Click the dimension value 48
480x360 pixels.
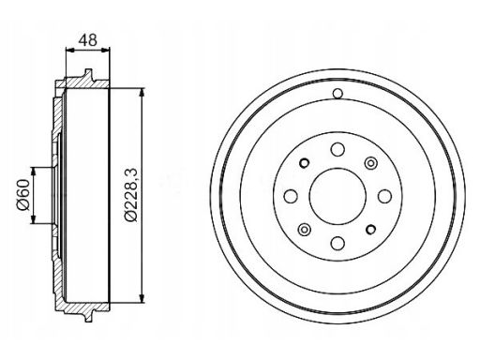pyautogui.click(x=88, y=40)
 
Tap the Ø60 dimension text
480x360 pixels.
pyautogui.click(x=22, y=195)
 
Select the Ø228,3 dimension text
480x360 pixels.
pyautogui.click(x=130, y=194)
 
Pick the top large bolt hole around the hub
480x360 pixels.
pyautogui.click(x=337, y=149)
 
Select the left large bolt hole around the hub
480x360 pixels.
pyautogui.click(x=291, y=196)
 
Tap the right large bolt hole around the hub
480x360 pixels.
pyautogui.click(x=384, y=196)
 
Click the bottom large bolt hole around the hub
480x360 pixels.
pyautogui.click(x=337, y=243)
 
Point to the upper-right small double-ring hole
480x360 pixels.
pyautogui.click(x=370, y=163)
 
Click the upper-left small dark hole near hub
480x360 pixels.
pyautogui.click(x=304, y=163)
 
